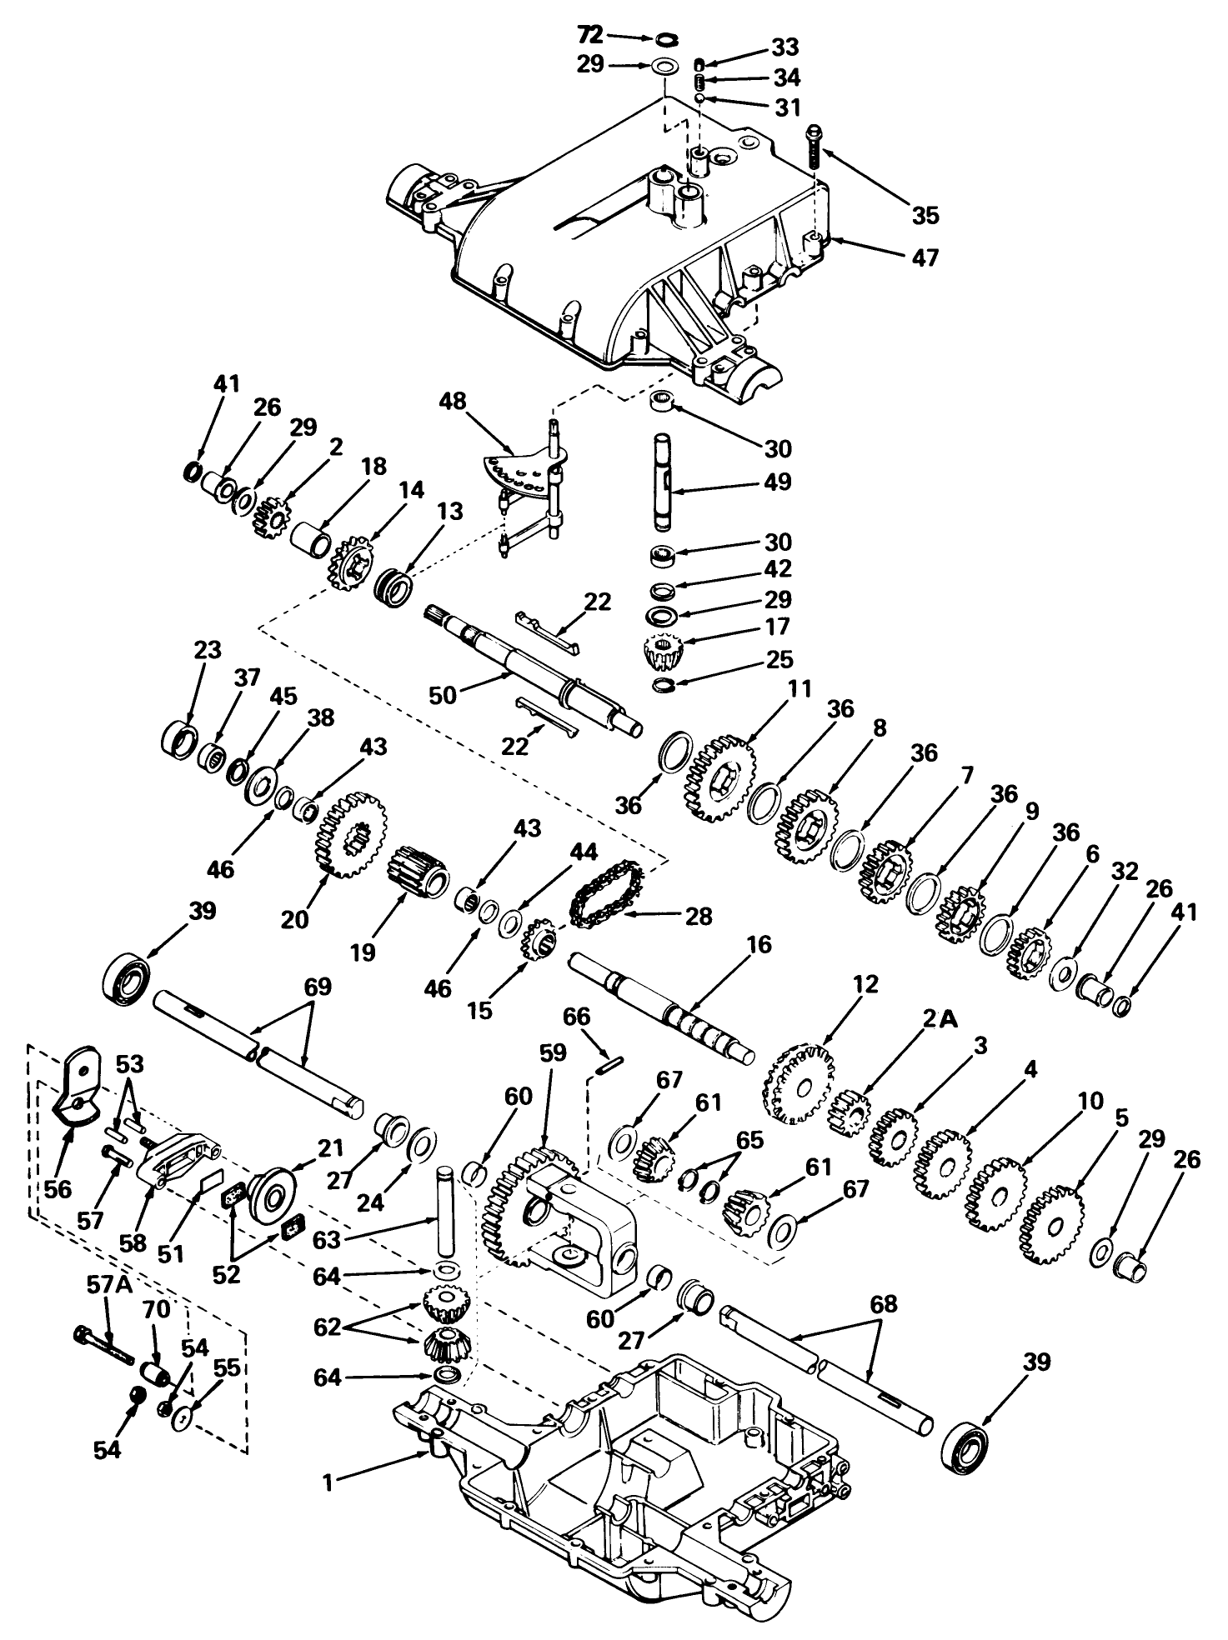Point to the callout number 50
tap(443, 694)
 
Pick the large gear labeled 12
tap(797, 1084)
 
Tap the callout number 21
tap(331, 1147)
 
